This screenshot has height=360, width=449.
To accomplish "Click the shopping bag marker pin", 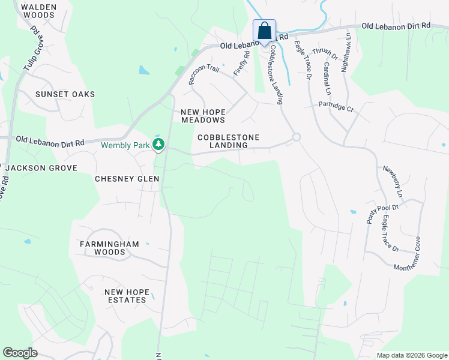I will pos(264,31).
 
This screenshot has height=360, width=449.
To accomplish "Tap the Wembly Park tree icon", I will pos(158,144).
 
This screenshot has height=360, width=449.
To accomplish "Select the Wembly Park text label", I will pos(125,145).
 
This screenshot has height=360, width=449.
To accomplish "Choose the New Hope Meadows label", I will pos(203,116).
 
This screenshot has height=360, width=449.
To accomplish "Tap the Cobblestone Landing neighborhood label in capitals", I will pos(229,141).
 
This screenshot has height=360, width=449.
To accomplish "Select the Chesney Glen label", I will pos(127,179).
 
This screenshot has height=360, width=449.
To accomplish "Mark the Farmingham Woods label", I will pos(109,248).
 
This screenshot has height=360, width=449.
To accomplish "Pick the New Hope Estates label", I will pos(125,296).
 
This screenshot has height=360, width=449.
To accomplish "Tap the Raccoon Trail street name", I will pos(204,75).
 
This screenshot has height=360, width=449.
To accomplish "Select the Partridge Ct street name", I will pos(336,106).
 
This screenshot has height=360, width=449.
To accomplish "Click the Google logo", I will pos(20,353).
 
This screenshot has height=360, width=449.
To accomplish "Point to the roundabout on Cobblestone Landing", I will pos(295,137).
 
